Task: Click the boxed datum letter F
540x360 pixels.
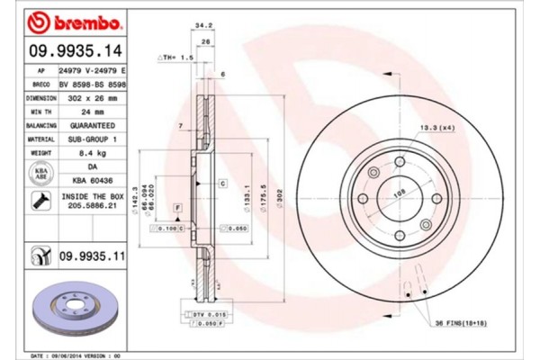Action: pyautogui.click(x=178, y=208)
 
